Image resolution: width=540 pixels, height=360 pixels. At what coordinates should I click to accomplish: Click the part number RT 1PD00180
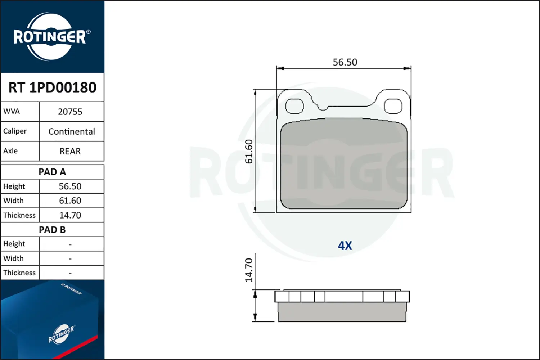pyautogui.click(x=52, y=87)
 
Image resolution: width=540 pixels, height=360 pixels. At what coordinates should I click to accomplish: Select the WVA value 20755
pyautogui.click(x=70, y=112)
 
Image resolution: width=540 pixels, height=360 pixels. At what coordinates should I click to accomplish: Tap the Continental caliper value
pyautogui.click(x=72, y=131)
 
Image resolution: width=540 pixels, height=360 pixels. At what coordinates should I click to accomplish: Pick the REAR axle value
pyautogui.click(x=70, y=151)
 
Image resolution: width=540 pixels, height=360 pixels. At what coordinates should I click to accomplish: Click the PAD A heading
pyautogui.click(x=52, y=172)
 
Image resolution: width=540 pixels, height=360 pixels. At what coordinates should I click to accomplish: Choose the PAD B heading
pyautogui.click(x=52, y=230)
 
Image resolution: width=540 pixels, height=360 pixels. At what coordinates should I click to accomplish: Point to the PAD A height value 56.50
pyautogui.click(x=70, y=186)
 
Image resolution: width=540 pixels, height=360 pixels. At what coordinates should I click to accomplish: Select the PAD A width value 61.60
pyautogui.click(x=70, y=201)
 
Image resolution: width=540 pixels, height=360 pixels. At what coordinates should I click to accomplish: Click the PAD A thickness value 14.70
pyautogui.click(x=70, y=215)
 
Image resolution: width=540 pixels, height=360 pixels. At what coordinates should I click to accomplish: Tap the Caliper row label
pyautogui.click(x=15, y=131)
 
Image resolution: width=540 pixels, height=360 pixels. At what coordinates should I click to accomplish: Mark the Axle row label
pyautogui.click(x=10, y=151)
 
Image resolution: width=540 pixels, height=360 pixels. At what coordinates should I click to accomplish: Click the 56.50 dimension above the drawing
pyautogui.click(x=345, y=62)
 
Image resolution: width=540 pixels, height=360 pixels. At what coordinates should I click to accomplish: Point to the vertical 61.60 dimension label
pyautogui.click(x=249, y=151)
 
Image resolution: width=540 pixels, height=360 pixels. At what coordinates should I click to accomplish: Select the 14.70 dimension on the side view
pyautogui.click(x=249, y=270)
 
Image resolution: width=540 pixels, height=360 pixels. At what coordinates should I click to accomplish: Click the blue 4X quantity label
pyautogui.click(x=345, y=246)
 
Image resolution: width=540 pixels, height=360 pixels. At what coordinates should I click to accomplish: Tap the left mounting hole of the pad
pyautogui.click(x=294, y=106)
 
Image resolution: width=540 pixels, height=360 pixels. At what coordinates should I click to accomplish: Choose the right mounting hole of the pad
pyautogui.click(x=393, y=106)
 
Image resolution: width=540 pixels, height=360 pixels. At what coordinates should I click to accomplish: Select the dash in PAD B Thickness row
pyautogui.click(x=70, y=273)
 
